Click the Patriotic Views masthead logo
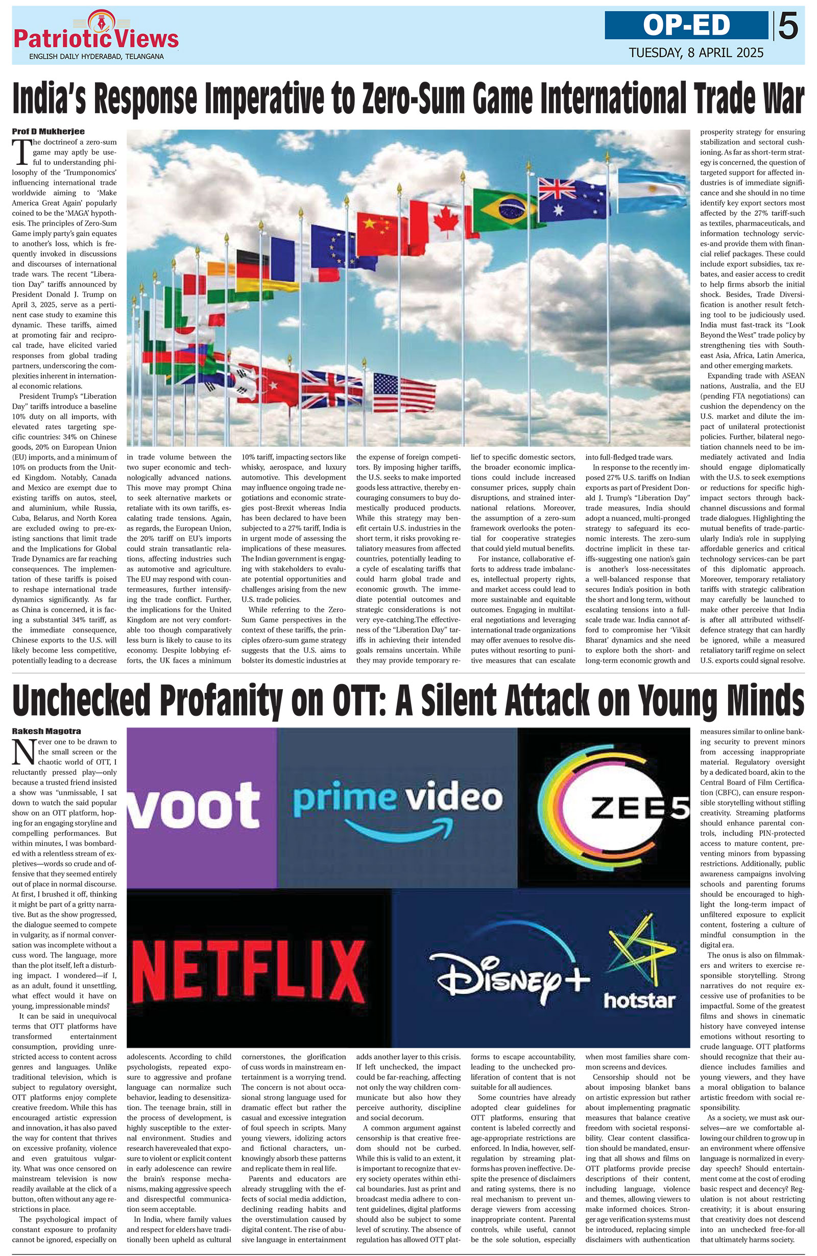(x=96, y=36)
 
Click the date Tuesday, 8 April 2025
(x=696, y=53)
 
